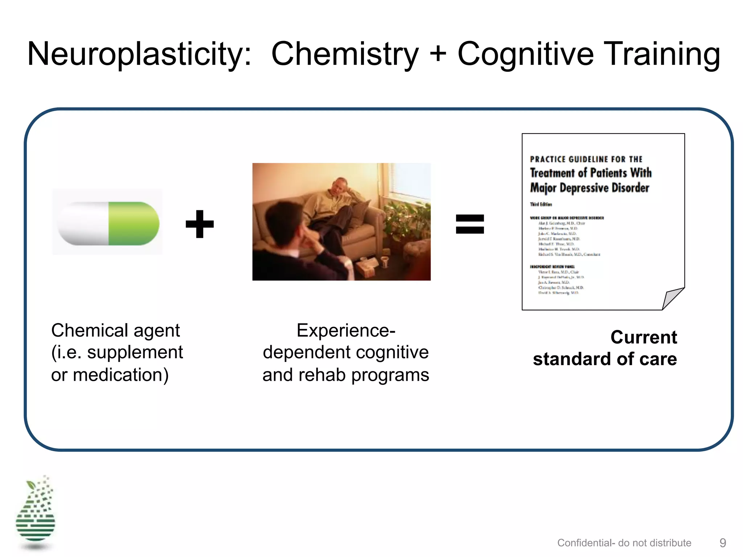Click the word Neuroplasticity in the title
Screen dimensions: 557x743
(139, 54)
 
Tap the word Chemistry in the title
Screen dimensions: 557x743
(345, 54)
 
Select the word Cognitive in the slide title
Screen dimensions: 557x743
(525, 54)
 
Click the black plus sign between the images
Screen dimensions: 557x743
(200, 224)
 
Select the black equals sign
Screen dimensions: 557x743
(470, 224)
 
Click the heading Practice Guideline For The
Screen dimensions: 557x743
(586, 159)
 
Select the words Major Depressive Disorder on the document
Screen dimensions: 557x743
(590, 188)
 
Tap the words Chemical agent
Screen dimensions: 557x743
(115, 330)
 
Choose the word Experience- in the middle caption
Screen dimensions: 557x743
(346, 330)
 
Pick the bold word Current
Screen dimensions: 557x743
(643, 337)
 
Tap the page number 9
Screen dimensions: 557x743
(723, 542)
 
